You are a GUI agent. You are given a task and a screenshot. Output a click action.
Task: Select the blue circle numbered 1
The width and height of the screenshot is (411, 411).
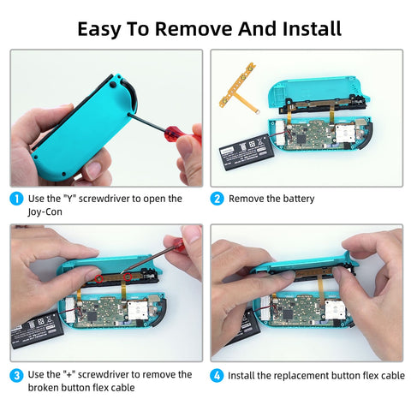pos(16,199)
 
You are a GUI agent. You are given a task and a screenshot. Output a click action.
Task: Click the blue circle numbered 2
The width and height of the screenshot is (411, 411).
pos(217,199)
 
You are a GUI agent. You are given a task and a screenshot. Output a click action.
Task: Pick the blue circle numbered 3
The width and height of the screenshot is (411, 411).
pos(16,375)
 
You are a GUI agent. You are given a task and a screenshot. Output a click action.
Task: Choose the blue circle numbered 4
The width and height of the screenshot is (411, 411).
pos(217,375)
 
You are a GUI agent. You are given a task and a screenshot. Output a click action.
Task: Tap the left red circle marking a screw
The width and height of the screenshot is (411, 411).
pos(98,278)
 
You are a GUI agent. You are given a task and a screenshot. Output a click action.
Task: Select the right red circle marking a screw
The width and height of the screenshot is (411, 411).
pos(128,277)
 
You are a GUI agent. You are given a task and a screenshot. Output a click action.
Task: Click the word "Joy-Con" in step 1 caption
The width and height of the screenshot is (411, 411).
pos(45,212)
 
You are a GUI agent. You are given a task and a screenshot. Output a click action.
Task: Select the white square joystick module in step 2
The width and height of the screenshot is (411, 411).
pos(346,133)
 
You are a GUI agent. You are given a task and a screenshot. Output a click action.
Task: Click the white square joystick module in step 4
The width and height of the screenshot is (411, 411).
pos(336,310)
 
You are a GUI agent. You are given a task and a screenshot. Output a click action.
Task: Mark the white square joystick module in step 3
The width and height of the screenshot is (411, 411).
pos(138,310)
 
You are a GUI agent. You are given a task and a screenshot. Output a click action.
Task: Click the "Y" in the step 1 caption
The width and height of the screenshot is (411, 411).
pos(68,199)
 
